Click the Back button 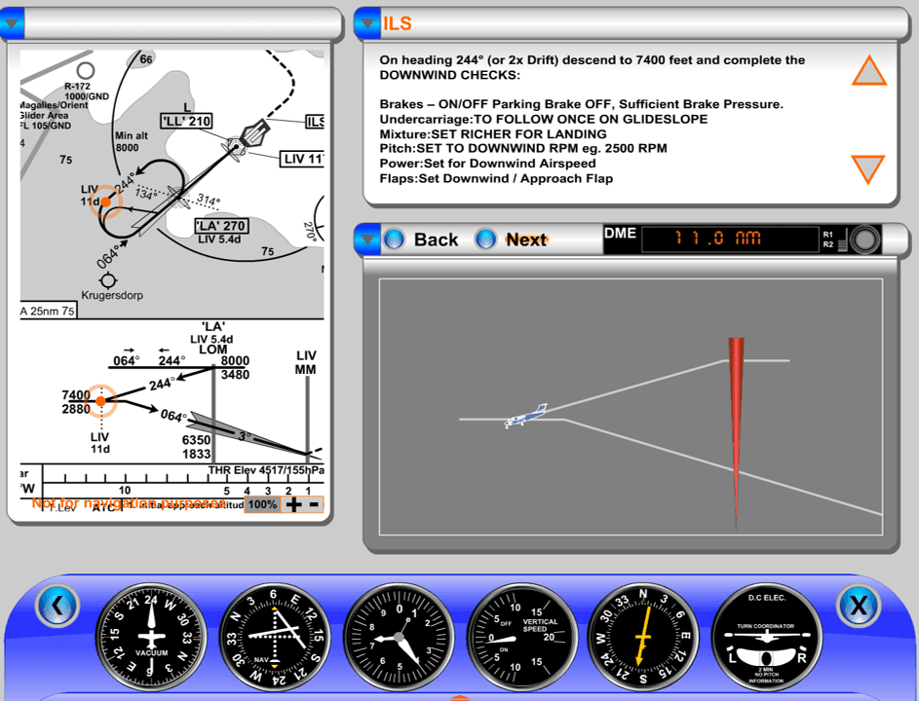(422, 240)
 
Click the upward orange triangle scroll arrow (868, 71)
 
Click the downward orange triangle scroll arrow (868, 168)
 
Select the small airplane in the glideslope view (525, 416)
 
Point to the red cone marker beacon (736, 419)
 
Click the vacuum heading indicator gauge (152, 638)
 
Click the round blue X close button (858, 607)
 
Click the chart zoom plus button (293, 504)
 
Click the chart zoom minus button (314, 504)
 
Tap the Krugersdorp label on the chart (112, 295)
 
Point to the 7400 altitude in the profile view (75, 394)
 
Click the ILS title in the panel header (398, 23)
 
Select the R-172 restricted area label (77, 86)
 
